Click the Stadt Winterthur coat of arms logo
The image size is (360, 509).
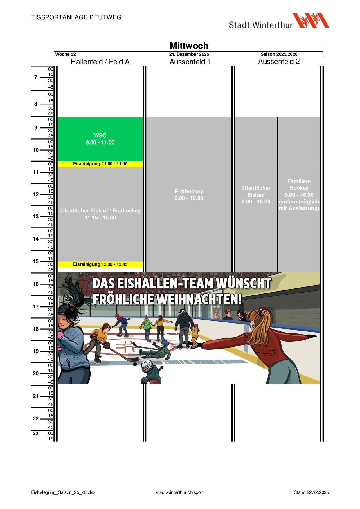[311, 21]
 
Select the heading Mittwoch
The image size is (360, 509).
[189, 46]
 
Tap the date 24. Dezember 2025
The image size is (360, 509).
[189, 54]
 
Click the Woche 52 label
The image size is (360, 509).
[66, 54]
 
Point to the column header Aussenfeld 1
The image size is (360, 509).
[190, 62]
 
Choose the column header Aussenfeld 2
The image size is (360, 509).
[279, 62]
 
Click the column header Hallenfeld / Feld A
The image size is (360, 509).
[100, 62]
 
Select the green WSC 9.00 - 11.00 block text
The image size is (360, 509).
[100, 139]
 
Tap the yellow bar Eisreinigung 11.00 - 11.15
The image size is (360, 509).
[100, 164]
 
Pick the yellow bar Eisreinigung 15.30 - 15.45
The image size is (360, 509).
[100, 264]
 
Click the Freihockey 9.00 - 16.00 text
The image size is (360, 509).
[189, 195]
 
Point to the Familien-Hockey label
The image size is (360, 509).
[299, 185]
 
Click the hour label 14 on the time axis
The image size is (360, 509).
[36, 239]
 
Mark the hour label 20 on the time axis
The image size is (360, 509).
[36, 373]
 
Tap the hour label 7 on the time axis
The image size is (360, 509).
[36, 77]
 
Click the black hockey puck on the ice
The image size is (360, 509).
[136, 363]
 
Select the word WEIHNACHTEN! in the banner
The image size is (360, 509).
[199, 299]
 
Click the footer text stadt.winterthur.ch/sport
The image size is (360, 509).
[180, 492]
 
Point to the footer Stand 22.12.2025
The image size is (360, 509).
[311, 492]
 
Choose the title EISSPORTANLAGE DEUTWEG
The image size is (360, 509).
[76, 17]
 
